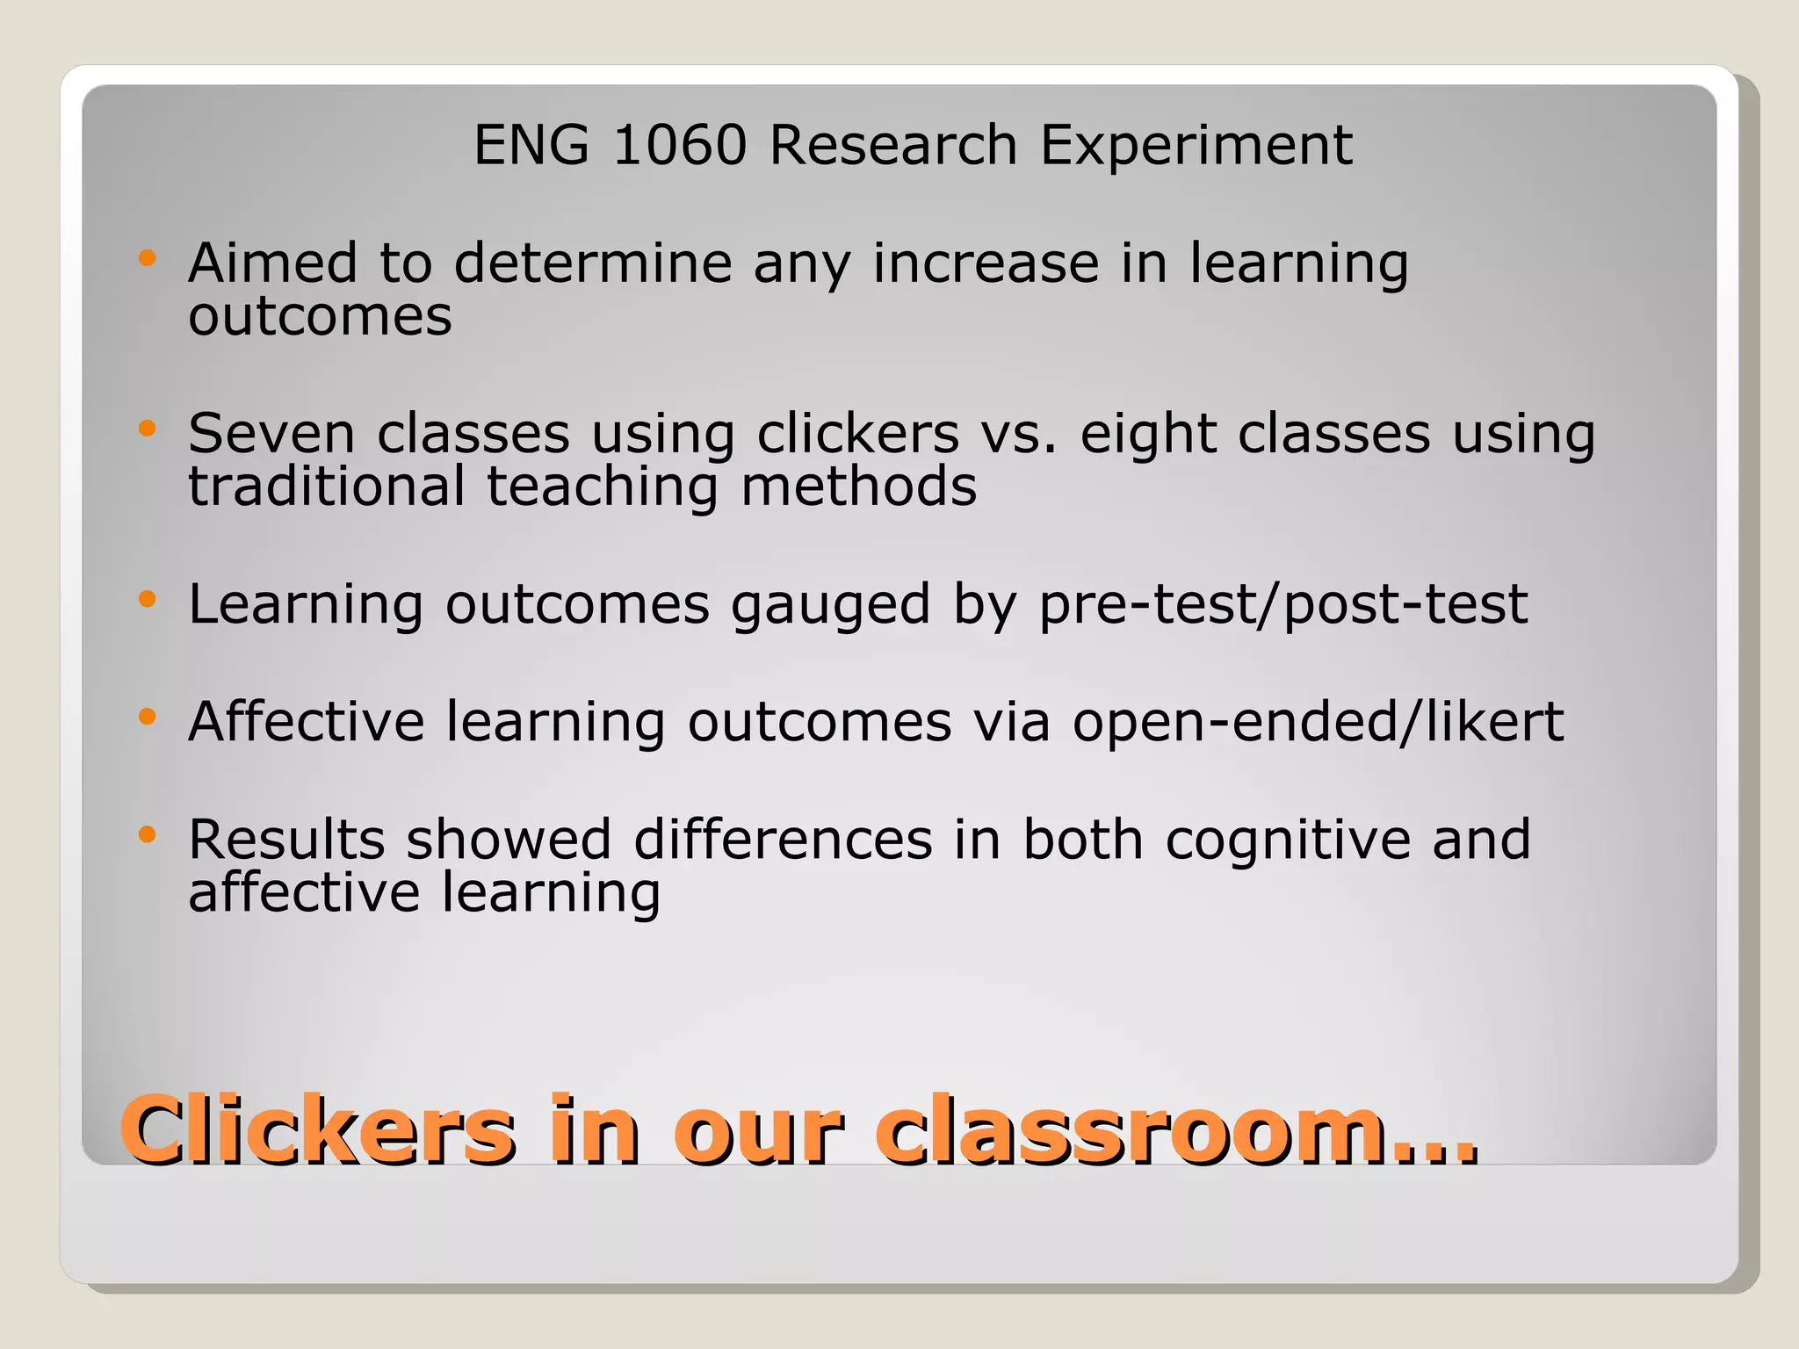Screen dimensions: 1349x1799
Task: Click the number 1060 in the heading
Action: (679, 145)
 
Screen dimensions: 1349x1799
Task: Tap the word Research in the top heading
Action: (892, 145)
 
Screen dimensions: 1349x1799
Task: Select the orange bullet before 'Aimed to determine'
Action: (147, 258)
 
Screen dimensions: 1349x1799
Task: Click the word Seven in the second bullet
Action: (271, 433)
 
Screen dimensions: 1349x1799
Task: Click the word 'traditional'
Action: (326, 487)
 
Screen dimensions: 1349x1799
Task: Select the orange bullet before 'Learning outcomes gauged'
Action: (147, 600)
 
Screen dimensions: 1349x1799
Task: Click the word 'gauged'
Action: (830, 606)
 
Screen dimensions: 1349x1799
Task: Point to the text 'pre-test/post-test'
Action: (1283, 605)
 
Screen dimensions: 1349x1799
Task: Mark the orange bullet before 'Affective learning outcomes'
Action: (147, 717)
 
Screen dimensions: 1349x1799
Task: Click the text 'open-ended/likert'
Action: (1318, 723)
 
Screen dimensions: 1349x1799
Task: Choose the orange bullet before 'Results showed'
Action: (147, 834)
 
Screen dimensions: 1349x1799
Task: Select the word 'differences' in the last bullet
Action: (783, 840)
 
